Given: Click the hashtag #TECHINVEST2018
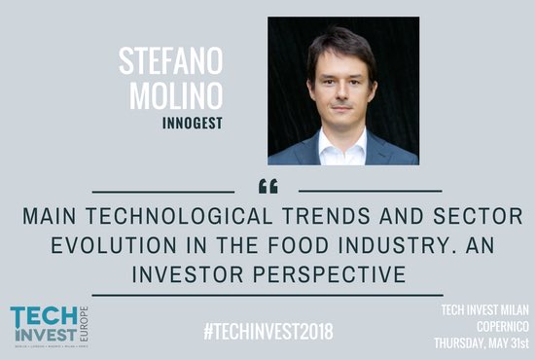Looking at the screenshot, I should pyautogui.click(x=268, y=331).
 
